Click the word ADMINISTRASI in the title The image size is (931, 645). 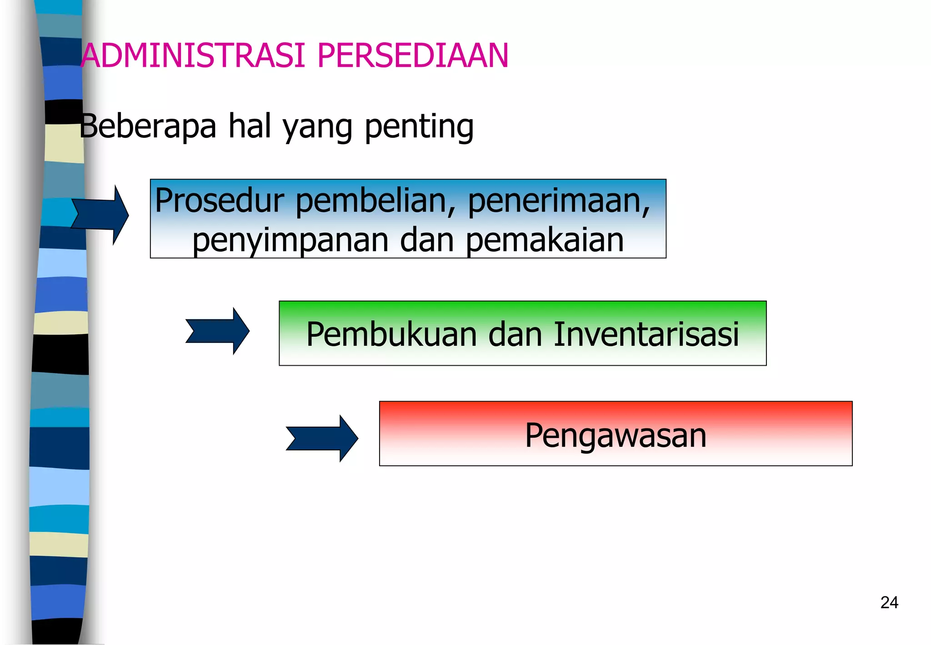click(193, 55)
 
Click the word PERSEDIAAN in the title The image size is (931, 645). click(413, 55)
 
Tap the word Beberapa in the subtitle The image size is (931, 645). click(148, 126)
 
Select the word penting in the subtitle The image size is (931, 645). click(419, 127)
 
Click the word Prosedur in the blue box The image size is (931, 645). click(220, 201)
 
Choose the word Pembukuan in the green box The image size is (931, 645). click(391, 334)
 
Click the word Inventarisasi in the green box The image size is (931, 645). click(646, 334)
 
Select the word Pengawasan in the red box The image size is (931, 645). click(616, 435)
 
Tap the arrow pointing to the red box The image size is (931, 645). click(322, 438)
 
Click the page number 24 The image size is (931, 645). click(889, 602)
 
